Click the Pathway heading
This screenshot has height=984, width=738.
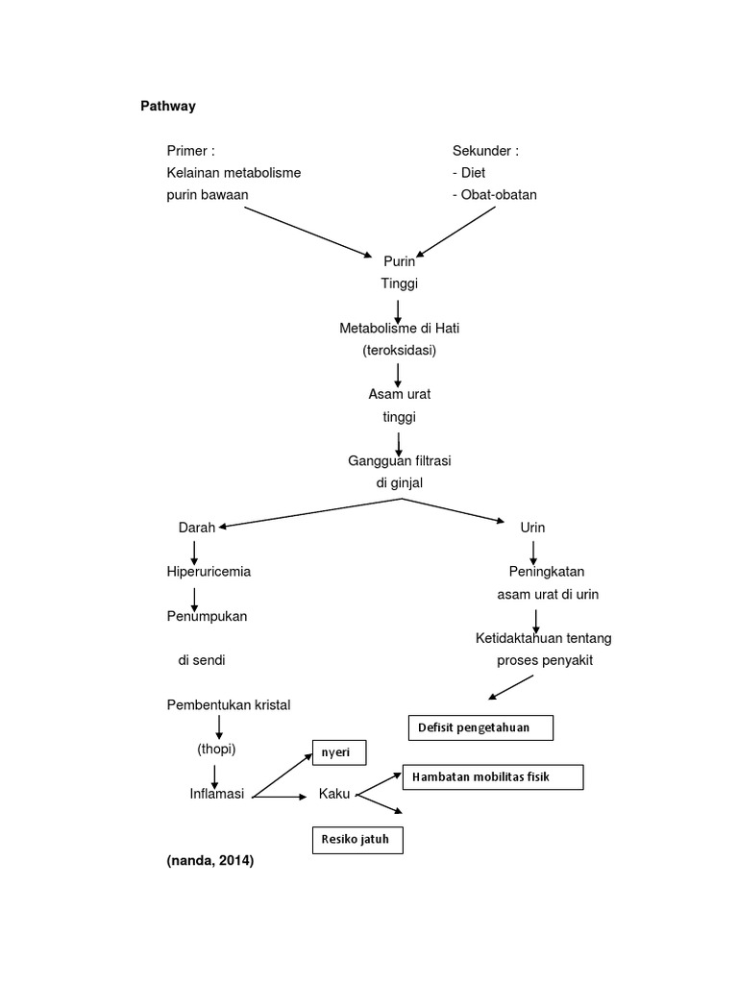click(x=168, y=107)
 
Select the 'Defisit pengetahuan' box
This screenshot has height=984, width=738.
click(x=481, y=728)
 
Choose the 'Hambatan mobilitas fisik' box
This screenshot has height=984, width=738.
click(x=492, y=776)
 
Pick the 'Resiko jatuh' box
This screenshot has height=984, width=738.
click(x=357, y=841)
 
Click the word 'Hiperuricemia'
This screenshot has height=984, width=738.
click(x=209, y=572)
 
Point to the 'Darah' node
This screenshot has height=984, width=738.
click(x=197, y=528)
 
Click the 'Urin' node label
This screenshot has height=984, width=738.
click(x=532, y=528)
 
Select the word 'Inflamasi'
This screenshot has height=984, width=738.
click(x=217, y=794)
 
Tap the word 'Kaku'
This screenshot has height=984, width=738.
click(x=333, y=794)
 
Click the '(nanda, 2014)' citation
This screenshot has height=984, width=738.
click(x=209, y=862)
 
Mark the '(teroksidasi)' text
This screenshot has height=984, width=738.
click(x=399, y=351)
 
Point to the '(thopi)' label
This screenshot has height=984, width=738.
click(x=216, y=749)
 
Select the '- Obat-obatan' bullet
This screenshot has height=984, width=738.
click(x=495, y=195)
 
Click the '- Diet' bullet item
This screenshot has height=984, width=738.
click(x=469, y=173)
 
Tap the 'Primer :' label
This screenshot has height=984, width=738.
click(x=190, y=151)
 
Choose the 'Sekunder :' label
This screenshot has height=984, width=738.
click(x=485, y=151)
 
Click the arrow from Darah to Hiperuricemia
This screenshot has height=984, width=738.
click(x=195, y=551)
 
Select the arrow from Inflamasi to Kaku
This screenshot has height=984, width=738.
click(x=279, y=797)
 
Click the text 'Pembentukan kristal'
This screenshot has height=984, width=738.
click(x=228, y=704)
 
